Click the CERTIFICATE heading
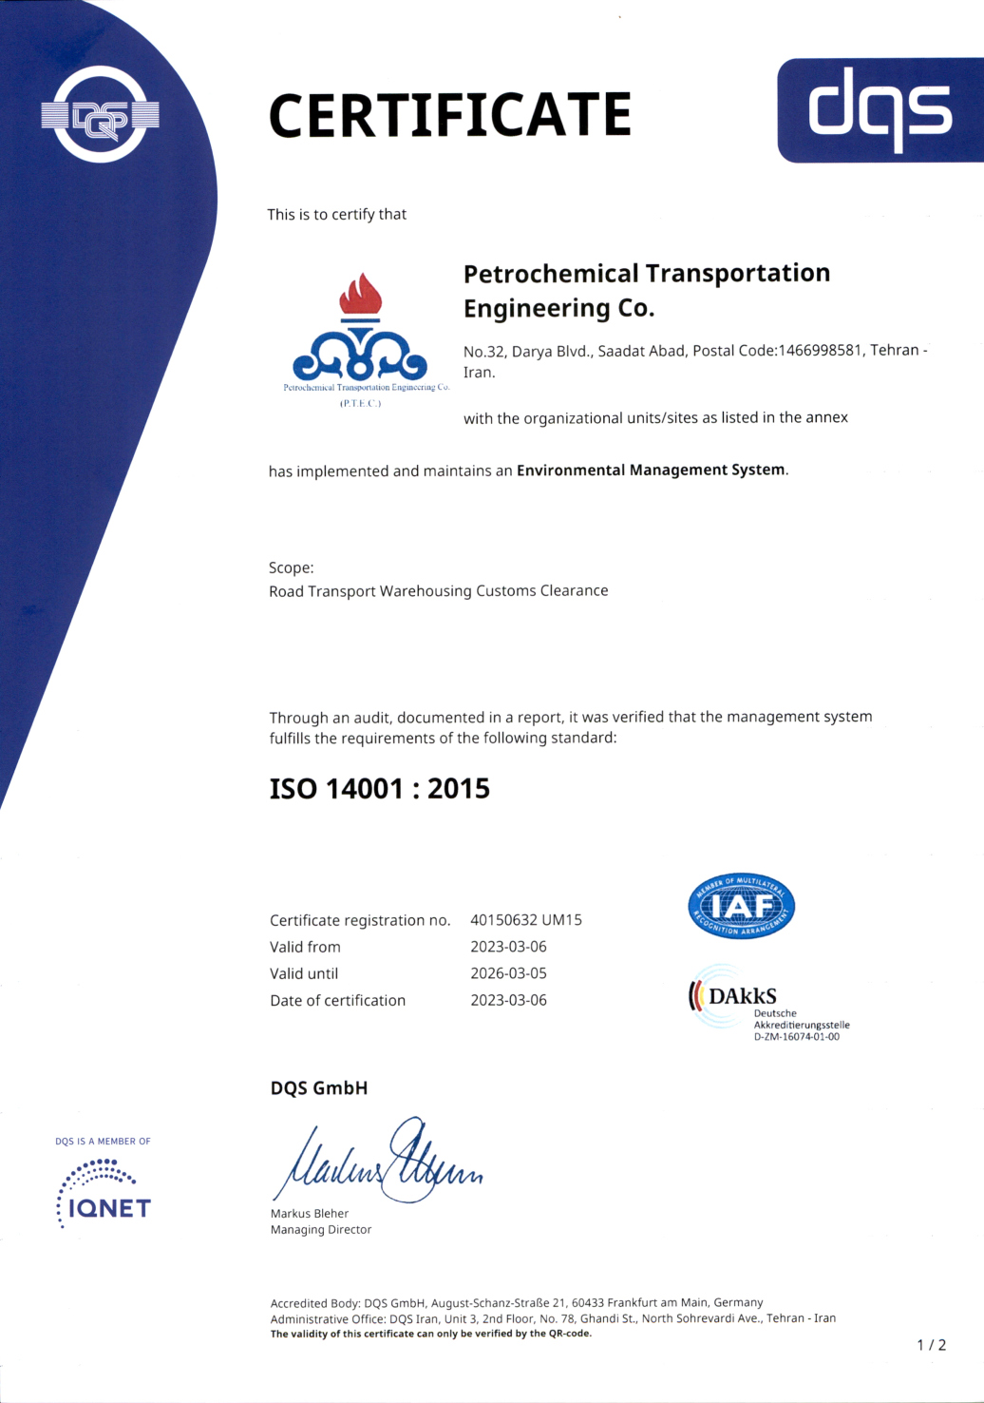tap(449, 115)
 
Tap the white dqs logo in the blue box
tap(880, 109)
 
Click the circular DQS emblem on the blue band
tap(100, 115)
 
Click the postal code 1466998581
tap(820, 350)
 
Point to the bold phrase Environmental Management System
tap(651, 470)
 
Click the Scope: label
tap(291, 567)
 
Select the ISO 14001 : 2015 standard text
tap(379, 788)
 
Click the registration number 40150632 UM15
tap(526, 920)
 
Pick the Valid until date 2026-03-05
tap(508, 973)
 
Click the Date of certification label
tap(337, 1000)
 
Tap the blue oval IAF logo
tap(741, 906)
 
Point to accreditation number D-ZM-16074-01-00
tap(797, 1037)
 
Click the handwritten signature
tap(379, 1163)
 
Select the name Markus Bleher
tap(310, 1213)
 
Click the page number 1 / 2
tap(932, 1344)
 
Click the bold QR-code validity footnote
tap(430, 1334)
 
